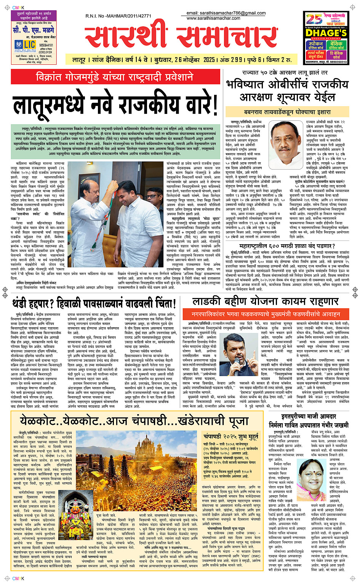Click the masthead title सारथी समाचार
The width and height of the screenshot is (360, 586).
(181, 37)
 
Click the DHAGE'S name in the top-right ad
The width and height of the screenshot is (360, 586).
(326, 33)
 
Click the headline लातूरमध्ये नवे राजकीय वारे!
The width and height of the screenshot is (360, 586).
(115, 104)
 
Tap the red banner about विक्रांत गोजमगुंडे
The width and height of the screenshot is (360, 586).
(115, 77)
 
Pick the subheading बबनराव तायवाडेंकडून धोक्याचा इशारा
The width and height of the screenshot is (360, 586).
(287, 112)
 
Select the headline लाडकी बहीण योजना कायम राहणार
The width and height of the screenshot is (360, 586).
(265, 301)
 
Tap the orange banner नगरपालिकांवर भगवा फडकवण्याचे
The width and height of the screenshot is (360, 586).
(266, 314)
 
